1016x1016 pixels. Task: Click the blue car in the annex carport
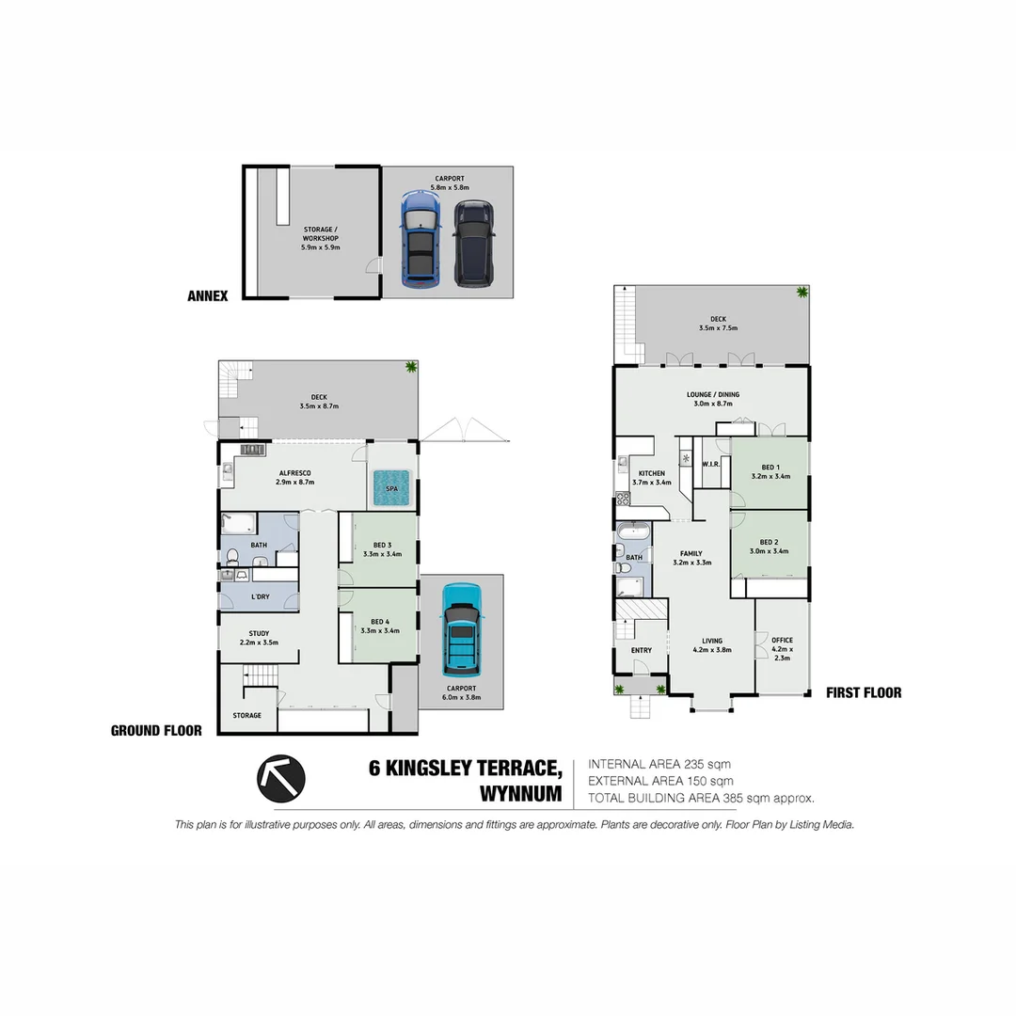click(421, 239)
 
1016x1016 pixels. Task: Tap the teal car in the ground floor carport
click(461, 629)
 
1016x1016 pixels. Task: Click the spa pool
click(391, 488)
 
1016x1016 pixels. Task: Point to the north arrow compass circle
click(281, 777)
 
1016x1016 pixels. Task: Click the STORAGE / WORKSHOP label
click(321, 237)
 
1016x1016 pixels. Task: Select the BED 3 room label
click(380, 549)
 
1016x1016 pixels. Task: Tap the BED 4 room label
click(380, 626)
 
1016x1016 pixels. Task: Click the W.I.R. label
click(710, 464)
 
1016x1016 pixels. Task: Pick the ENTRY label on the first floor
click(641, 650)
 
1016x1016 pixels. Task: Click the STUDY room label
click(259, 638)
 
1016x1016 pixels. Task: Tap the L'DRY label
click(259, 596)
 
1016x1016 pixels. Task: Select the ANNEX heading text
click(207, 295)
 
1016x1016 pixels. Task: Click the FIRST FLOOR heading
click(863, 693)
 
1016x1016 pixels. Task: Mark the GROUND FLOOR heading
click(156, 730)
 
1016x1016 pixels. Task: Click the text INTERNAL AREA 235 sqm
click(659, 764)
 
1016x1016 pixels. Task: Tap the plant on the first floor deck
click(802, 293)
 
